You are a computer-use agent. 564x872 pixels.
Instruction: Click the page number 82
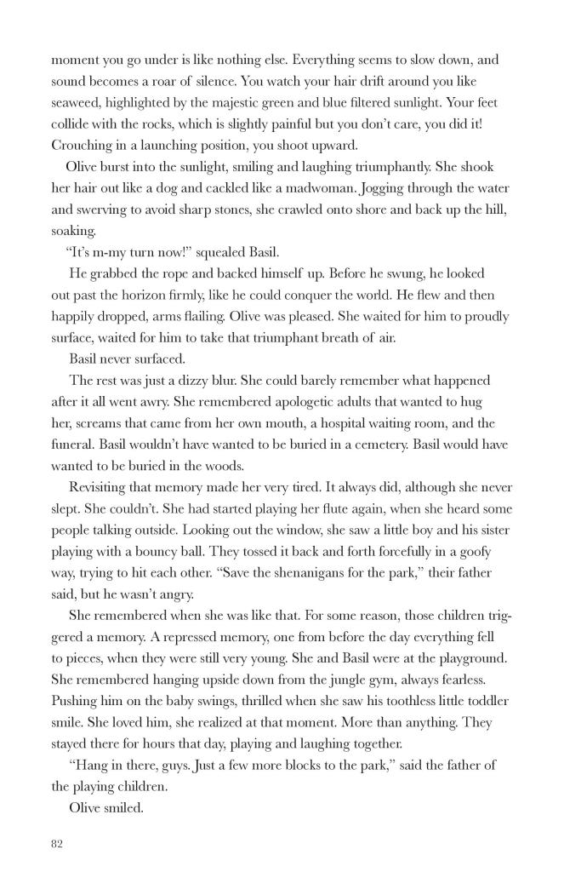click(58, 844)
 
